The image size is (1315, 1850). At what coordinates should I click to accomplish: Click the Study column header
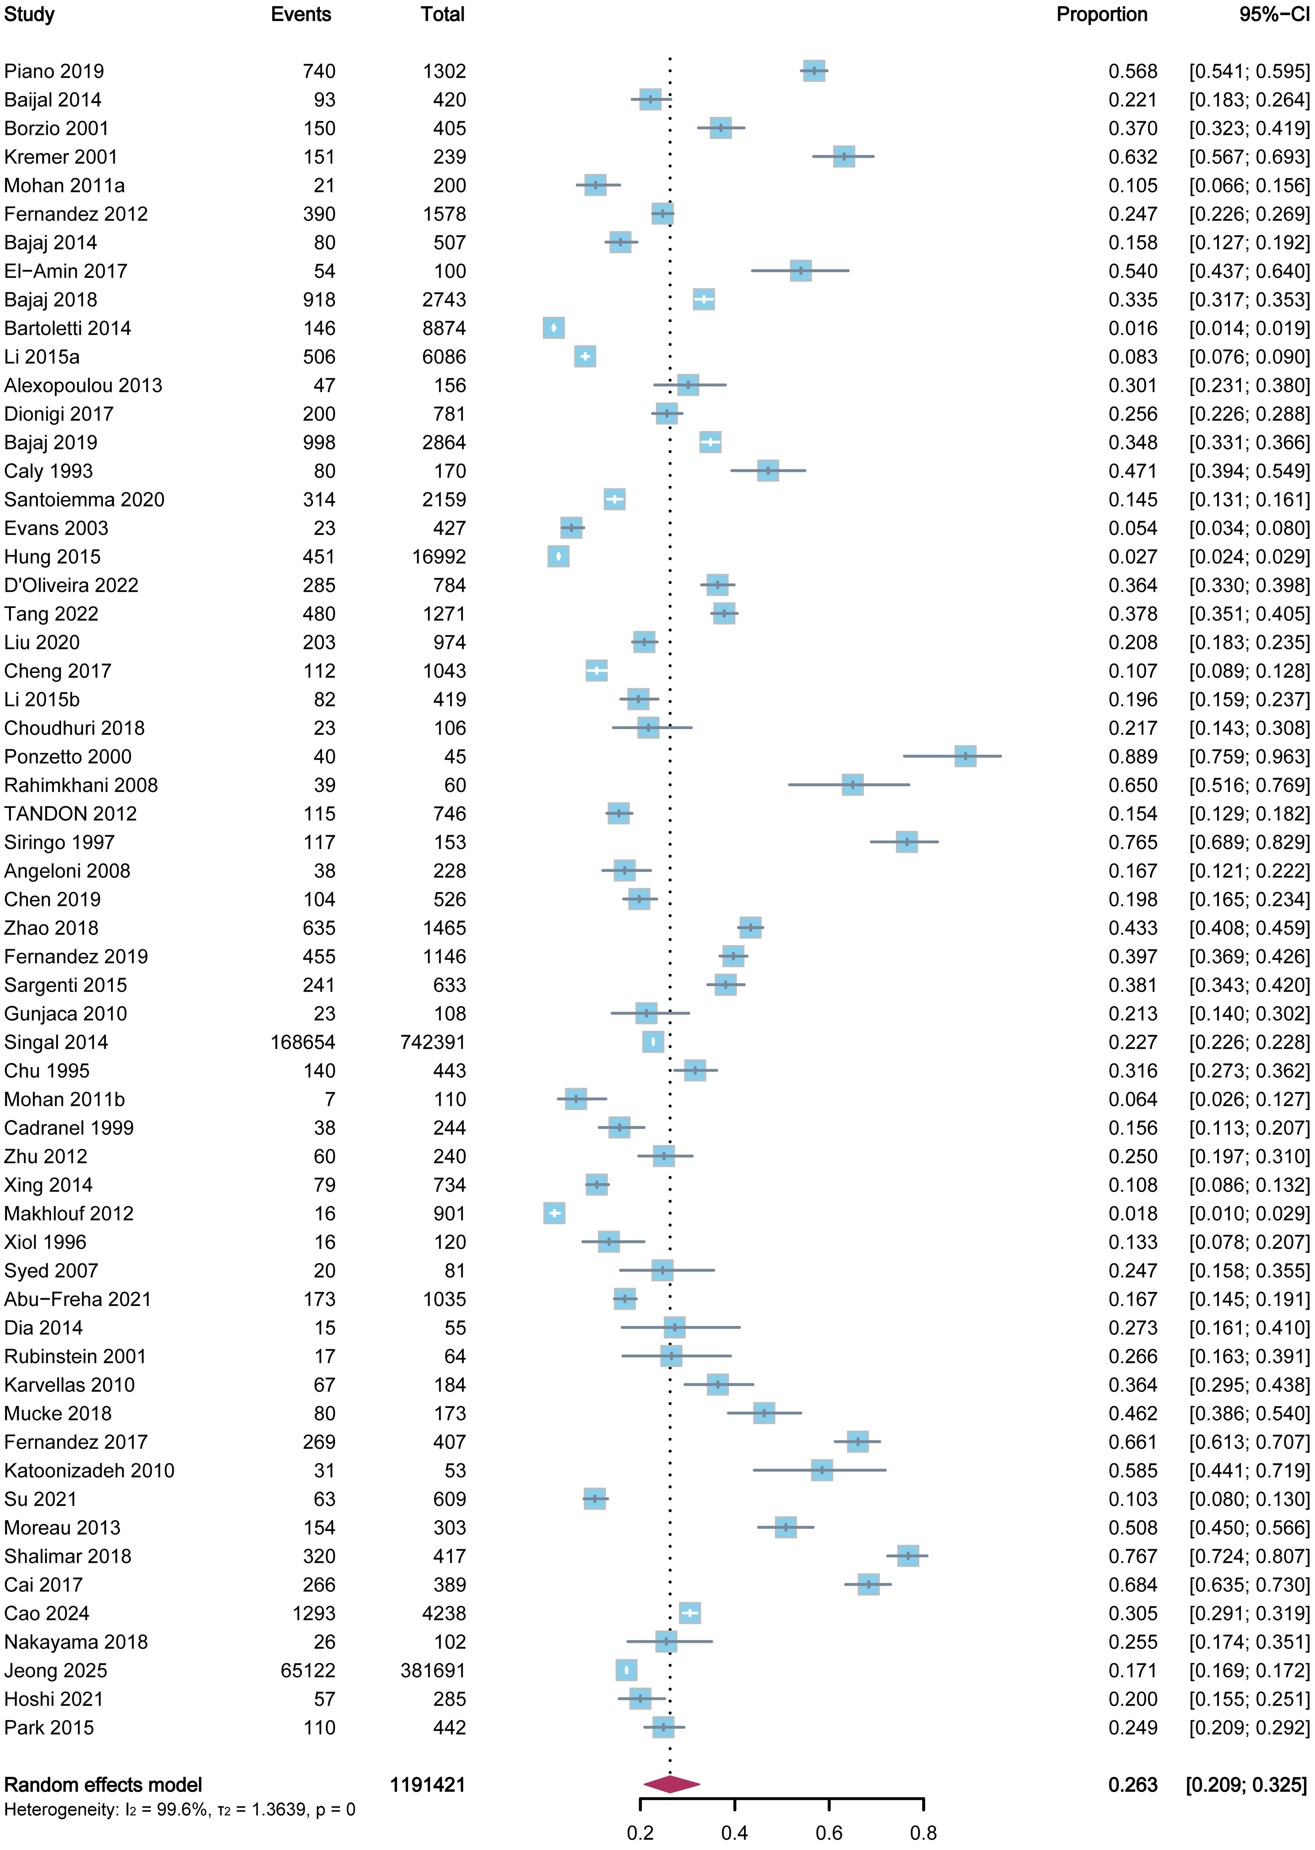pos(29,14)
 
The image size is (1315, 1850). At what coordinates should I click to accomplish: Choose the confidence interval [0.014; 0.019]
pos(1249,328)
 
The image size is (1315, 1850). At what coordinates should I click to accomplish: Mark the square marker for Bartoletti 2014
pos(554,328)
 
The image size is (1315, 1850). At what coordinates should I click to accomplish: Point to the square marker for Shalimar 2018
pos(908,1556)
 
